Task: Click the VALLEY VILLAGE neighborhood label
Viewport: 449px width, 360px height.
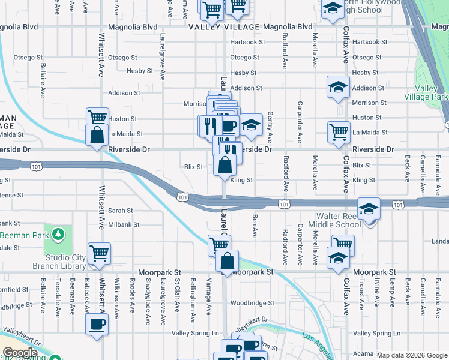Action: tap(223, 28)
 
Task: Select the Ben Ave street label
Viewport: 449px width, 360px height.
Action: tap(255, 226)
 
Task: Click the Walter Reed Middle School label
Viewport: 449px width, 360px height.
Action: tap(334, 220)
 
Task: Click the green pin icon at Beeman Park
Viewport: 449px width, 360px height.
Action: tap(58, 233)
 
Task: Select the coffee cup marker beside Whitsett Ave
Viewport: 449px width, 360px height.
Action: tap(97, 325)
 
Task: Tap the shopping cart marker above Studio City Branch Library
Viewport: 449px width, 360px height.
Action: tap(99, 252)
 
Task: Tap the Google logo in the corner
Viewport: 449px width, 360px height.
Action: tap(20, 353)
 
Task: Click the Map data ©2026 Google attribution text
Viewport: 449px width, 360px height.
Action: tap(412, 355)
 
